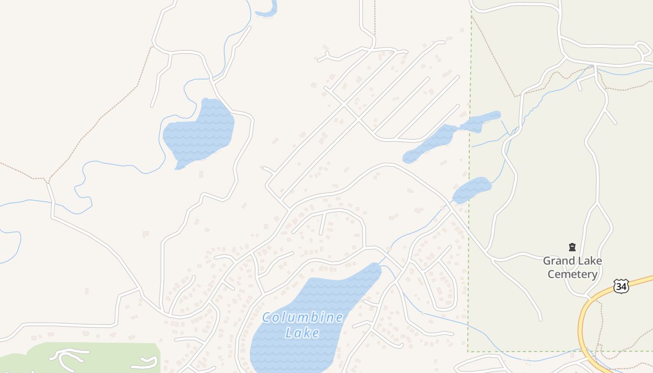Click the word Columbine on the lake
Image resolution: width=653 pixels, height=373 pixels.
[x=303, y=318]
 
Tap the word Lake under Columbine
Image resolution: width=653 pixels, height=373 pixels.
[x=303, y=333]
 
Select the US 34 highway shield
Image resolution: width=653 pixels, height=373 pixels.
[x=621, y=286]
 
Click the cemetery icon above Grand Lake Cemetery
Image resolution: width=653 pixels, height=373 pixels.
[x=572, y=247]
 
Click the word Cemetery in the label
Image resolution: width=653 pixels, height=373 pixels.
[x=572, y=274]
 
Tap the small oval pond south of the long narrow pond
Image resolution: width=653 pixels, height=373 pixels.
[x=472, y=189]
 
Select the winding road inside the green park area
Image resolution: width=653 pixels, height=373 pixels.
[x=70, y=356]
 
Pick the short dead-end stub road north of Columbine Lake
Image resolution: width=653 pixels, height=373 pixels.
[x=322, y=224]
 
